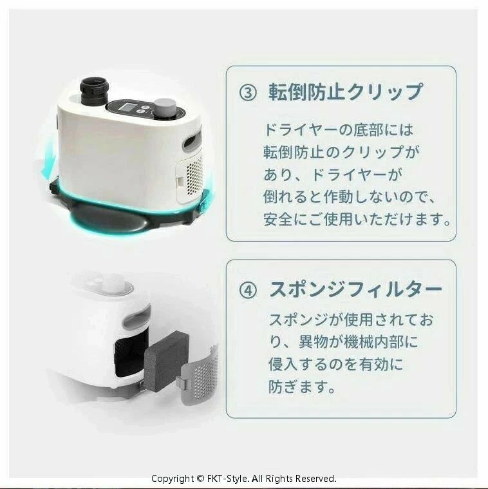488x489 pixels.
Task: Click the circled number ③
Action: click(x=248, y=93)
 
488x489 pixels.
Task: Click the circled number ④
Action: click(x=248, y=291)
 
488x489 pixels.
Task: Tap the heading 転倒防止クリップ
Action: click(x=346, y=92)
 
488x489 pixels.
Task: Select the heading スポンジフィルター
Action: click(x=355, y=290)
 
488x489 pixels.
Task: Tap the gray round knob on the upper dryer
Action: click(x=165, y=108)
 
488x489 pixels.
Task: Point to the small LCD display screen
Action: click(x=127, y=108)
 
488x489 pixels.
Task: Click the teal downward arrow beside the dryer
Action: click(x=48, y=162)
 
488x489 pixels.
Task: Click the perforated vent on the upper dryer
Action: click(x=194, y=175)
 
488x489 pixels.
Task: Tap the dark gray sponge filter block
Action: click(x=167, y=360)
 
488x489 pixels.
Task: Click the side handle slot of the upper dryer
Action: click(x=192, y=140)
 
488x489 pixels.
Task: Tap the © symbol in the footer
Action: click(x=200, y=479)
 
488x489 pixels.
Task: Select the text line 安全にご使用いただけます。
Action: click(x=357, y=219)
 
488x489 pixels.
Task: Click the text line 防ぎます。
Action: click(x=302, y=387)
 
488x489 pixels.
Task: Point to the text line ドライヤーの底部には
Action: click(x=339, y=130)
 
